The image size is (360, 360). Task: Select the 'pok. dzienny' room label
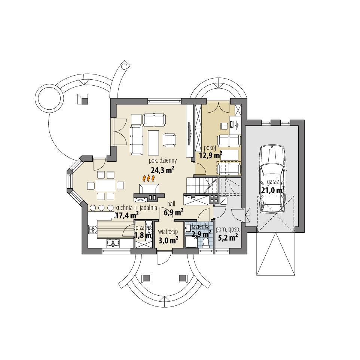tap(163, 161)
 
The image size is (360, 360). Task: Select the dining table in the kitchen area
tap(106, 185)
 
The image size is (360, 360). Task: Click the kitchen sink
tap(112, 243)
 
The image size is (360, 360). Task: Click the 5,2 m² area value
tap(228, 237)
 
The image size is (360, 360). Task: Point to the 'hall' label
tap(171, 203)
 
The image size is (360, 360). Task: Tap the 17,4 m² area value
tap(127, 215)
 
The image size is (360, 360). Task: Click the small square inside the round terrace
tap(83, 98)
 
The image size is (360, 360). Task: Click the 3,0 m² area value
tap(168, 241)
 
